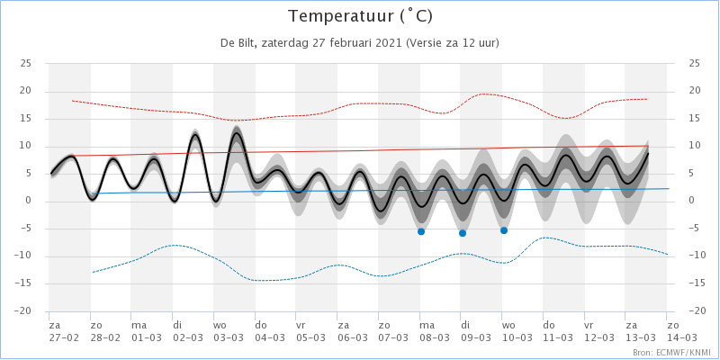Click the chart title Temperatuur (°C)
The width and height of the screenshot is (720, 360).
(x=360, y=16)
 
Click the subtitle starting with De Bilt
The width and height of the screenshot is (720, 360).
(x=360, y=43)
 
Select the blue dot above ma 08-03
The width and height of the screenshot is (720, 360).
(x=420, y=231)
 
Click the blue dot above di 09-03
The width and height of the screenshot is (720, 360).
(x=463, y=233)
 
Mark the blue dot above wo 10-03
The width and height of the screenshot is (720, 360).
(x=504, y=230)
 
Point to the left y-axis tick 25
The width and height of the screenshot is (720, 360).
(x=26, y=63)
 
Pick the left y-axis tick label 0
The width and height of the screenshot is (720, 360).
(x=29, y=201)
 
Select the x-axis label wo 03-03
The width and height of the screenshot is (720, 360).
(x=229, y=331)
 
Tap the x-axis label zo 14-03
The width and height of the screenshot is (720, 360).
(x=682, y=331)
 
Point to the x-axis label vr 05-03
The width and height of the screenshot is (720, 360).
(x=311, y=331)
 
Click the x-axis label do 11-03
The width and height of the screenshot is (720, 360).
(x=558, y=331)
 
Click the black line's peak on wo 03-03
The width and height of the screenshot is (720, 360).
(x=237, y=133)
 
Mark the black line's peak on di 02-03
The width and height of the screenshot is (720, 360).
(x=195, y=134)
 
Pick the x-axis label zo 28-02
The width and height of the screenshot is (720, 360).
(x=105, y=331)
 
